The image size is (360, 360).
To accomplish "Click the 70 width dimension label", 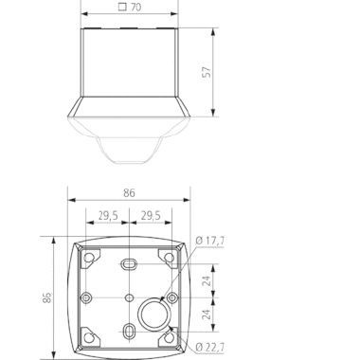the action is click(135, 7).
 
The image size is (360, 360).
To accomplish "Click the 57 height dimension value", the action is click(207, 72).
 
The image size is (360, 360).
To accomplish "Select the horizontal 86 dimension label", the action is click(129, 192).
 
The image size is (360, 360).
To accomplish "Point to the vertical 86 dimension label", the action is click(47, 297).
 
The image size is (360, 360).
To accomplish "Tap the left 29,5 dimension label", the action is click(108, 216).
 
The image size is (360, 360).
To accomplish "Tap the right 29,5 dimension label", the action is click(151, 216).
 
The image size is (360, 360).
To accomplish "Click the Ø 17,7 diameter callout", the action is click(210, 241).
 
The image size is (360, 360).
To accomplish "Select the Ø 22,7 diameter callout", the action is click(210, 348).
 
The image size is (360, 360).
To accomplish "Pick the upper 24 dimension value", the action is click(207, 280).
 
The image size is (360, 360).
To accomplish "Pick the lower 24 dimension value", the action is click(207, 315).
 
